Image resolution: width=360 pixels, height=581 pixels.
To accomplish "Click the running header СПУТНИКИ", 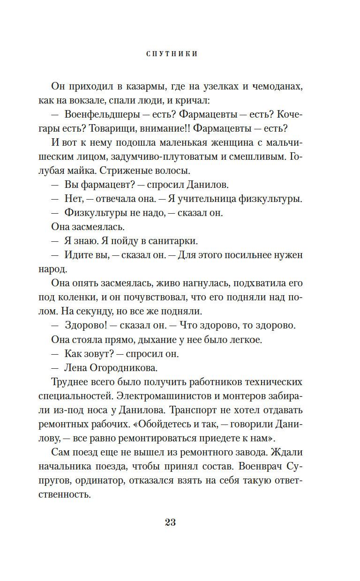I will pos(172,54).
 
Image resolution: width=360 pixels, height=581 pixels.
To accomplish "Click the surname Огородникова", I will pos(122,368).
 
